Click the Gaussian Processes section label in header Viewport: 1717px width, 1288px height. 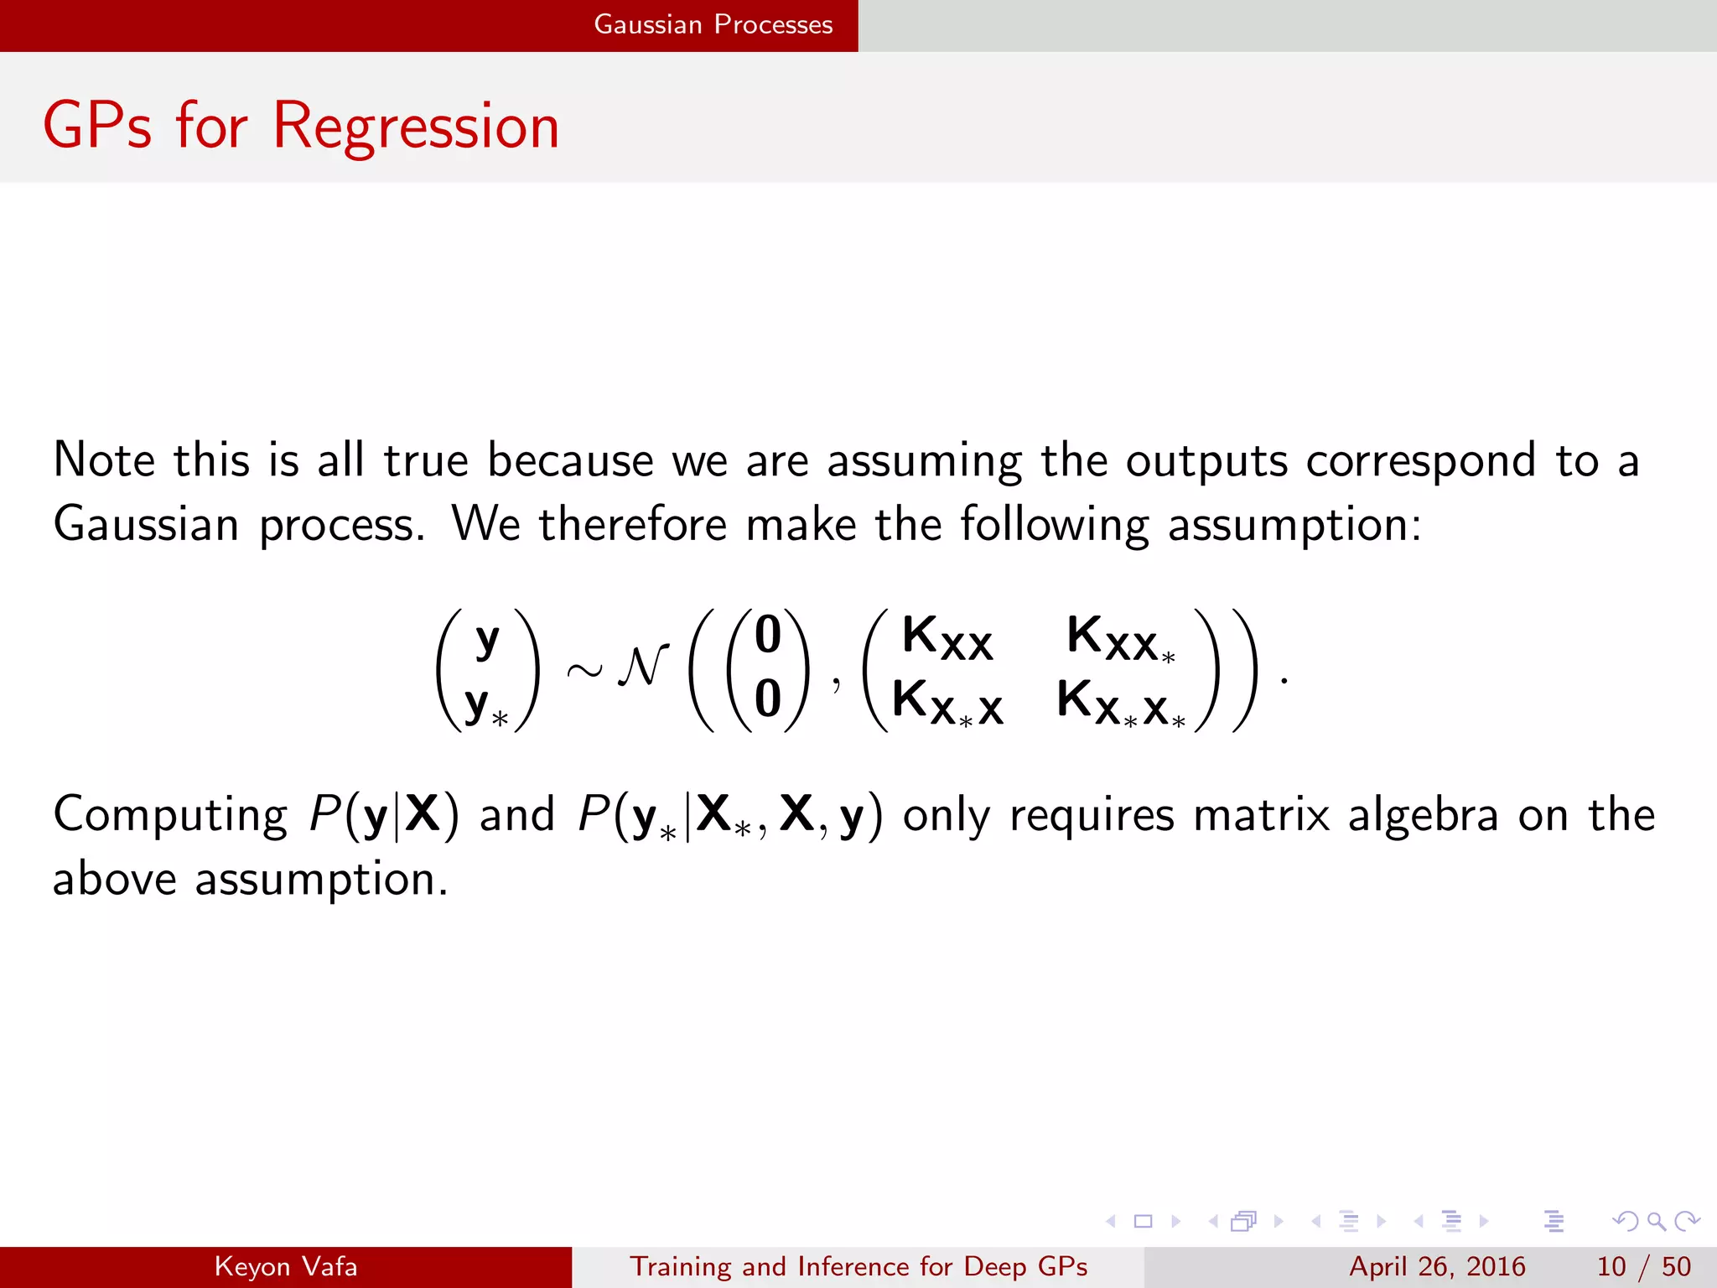click(713, 24)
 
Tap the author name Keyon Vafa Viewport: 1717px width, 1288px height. click(286, 1266)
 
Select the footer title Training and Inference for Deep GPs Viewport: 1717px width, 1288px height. click(858, 1266)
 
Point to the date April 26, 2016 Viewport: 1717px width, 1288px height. click(1437, 1266)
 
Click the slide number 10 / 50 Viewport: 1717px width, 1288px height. click(1643, 1266)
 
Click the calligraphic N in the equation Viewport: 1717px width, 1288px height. click(643, 667)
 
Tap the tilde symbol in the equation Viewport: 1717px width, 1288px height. click(584, 670)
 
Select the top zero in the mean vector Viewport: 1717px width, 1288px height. click(768, 635)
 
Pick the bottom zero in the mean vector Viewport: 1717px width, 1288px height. click(768, 699)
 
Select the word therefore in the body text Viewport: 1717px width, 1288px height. click(632, 525)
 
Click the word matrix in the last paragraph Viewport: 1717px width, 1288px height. click(1261, 814)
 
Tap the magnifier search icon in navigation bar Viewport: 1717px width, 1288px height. click(1656, 1221)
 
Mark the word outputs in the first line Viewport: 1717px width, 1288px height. click(1206, 461)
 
